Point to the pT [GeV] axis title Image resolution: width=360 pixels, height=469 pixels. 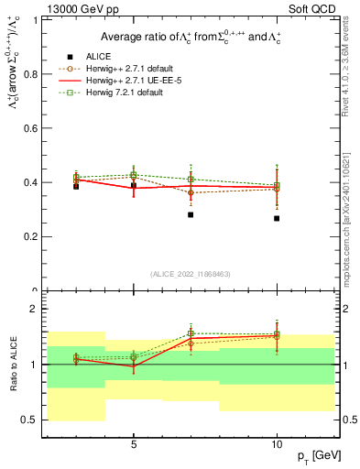point(315,455)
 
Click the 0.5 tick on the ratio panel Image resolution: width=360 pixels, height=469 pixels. point(37,420)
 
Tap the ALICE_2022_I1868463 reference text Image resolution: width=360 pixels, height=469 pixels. point(191,274)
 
